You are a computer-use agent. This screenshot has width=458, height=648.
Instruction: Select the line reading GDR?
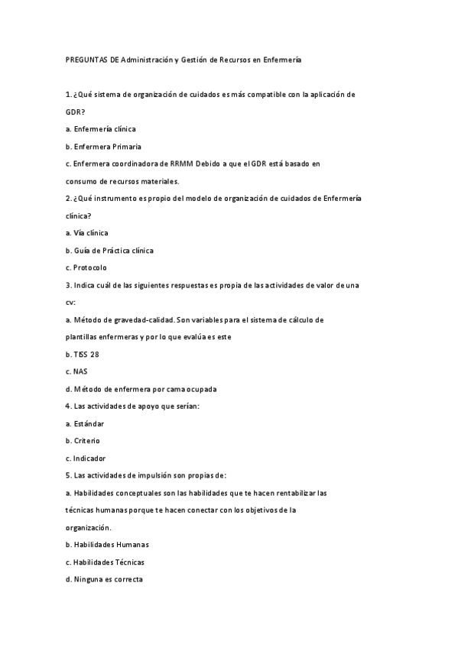point(76,112)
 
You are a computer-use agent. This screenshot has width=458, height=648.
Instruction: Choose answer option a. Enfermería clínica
point(100,129)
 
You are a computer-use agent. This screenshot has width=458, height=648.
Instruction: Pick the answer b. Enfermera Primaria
point(103,147)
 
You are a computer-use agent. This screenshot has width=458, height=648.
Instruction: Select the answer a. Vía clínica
point(87,233)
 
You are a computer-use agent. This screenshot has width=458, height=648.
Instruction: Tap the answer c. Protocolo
point(86,267)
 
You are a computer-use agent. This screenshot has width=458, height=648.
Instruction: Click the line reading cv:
point(70,303)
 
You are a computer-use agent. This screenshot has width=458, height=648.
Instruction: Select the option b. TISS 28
point(83,355)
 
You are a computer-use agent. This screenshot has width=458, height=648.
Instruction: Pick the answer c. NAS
point(77,371)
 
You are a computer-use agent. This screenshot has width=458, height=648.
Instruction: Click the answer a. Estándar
point(85,423)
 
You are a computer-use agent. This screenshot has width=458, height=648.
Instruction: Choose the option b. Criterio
point(83,441)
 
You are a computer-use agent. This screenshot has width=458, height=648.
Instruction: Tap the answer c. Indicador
point(85,458)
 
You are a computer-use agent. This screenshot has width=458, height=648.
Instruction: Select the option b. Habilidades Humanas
point(107,545)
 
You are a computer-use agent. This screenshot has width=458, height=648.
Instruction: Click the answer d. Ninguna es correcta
point(104,579)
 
